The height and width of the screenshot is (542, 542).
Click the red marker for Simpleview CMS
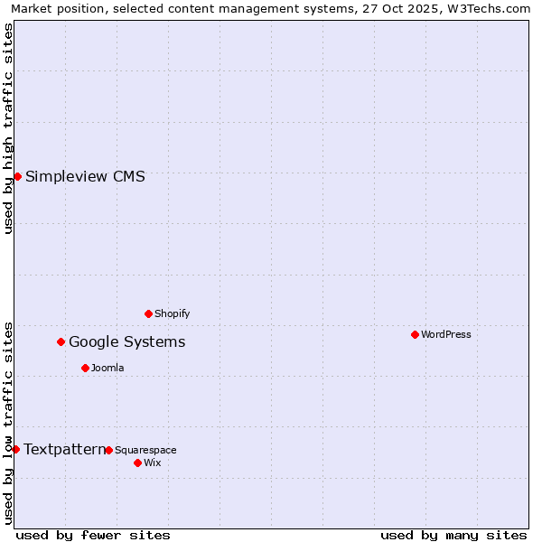[x=17, y=176]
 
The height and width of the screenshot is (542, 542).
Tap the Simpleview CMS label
[x=85, y=176]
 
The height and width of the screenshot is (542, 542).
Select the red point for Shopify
[x=149, y=313]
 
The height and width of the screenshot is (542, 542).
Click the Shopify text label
[x=172, y=313]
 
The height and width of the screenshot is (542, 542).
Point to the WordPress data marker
[x=415, y=334]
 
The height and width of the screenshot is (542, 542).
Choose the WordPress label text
[x=446, y=334]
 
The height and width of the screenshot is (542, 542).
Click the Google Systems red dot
[x=61, y=341]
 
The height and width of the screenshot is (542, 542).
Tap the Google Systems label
[x=126, y=341]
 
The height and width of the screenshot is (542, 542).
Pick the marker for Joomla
[x=85, y=368]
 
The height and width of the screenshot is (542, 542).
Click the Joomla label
[x=107, y=368]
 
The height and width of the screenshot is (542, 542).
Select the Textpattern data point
[x=15, y=449]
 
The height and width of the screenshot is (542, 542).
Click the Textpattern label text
[x=63, y=449]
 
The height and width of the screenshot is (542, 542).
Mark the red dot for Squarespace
[x=108, y=450]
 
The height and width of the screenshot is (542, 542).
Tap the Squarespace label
[x=145, y=450]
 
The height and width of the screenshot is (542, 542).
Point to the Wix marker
[x=137, y=463]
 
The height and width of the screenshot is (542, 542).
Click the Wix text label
[x=152, y=463]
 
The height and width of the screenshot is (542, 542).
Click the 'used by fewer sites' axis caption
[x=93, y=535]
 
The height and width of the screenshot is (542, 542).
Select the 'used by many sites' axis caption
[x=453, y=535]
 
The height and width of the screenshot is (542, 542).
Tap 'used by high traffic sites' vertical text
[x=8, y=128]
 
